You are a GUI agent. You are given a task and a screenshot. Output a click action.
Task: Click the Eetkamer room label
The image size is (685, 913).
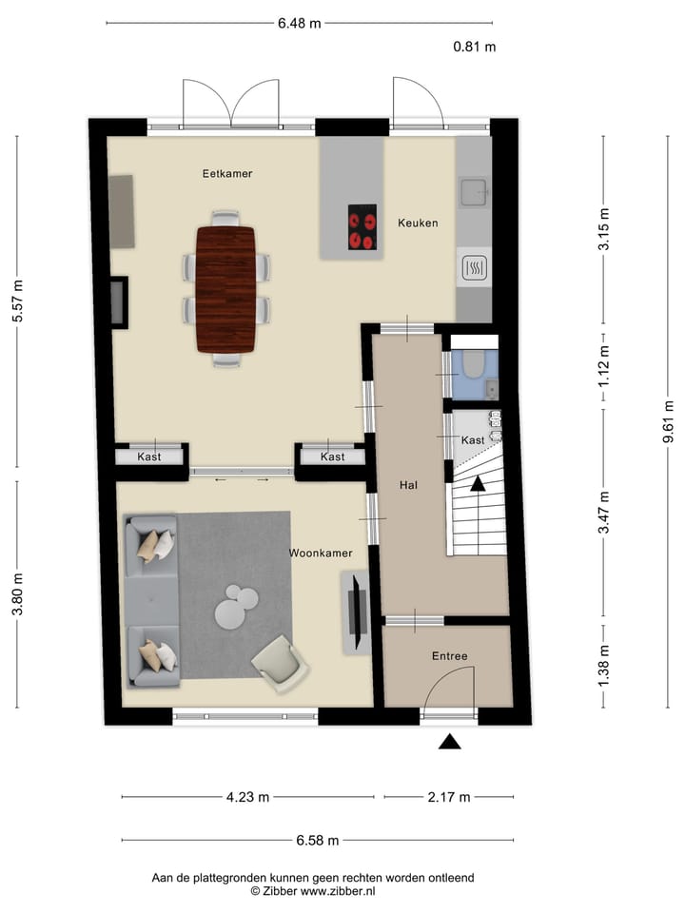pos(226,174)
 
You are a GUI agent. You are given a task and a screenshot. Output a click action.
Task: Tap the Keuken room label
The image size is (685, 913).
pos(418,223)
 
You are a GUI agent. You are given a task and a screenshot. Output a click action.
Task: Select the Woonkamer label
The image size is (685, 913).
pos(321,553)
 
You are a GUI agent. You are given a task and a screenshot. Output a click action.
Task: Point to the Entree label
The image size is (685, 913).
pos(449,656)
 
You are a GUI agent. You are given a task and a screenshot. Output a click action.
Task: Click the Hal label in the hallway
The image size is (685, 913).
pos(409,484)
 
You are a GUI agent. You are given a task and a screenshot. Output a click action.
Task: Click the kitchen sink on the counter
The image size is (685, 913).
pos(473,193)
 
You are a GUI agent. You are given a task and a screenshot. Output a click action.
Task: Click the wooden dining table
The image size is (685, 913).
pos(225,288)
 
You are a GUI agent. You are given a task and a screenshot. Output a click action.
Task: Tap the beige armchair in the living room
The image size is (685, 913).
pos(281,663)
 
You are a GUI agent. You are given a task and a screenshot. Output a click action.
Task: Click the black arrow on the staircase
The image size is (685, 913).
pos(478,483)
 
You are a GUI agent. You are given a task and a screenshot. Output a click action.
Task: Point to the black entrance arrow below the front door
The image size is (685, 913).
pos(450,742)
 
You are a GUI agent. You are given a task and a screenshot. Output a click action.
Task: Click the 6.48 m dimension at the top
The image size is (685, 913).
pos(299,22)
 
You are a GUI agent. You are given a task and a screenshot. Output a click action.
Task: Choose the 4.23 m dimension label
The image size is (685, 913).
pos(247,797)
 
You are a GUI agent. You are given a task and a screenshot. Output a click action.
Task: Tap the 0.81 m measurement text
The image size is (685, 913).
pos(474,46)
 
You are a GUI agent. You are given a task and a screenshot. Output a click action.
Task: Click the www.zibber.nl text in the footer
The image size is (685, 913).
pos(339,891)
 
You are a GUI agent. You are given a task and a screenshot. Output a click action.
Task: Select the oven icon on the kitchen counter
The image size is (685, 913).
pos(473,269)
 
